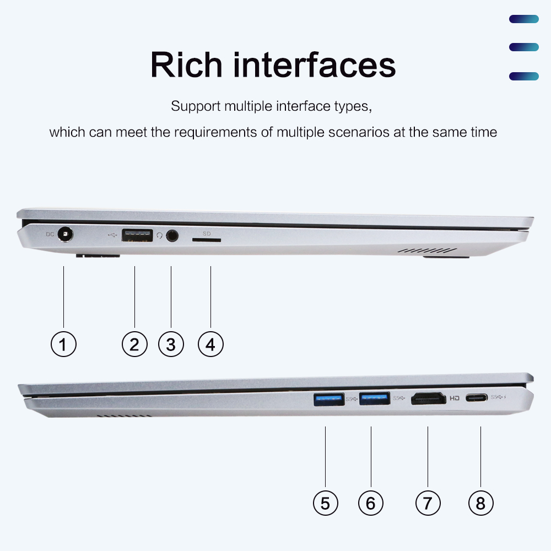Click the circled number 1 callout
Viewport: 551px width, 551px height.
(63, 344)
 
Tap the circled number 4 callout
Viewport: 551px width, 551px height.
(210, 344)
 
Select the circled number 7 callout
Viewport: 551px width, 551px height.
(428, 503)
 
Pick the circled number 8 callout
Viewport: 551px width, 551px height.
(480, 503)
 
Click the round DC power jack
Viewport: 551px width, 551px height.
(65, 234)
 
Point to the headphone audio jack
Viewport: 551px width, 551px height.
(172, 235)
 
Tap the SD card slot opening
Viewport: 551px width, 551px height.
(207, 240)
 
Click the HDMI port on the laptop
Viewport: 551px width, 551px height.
(428, 398)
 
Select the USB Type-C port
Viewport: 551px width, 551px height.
(477, 398)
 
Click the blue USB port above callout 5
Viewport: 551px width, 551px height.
(329, 399)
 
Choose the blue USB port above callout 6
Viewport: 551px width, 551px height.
(375, 398)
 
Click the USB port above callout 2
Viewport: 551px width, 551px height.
(137, 235)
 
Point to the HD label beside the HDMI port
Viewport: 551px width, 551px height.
(455, 398)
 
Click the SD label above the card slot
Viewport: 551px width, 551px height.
(207, 234)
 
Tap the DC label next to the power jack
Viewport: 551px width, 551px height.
(50, 234)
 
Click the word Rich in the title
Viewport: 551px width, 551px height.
(186, 65)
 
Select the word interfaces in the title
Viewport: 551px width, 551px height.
(315, 65)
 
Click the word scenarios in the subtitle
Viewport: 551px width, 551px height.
(359, 132)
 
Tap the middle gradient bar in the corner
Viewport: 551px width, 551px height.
(524, 47)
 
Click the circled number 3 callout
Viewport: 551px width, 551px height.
(171, 344)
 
